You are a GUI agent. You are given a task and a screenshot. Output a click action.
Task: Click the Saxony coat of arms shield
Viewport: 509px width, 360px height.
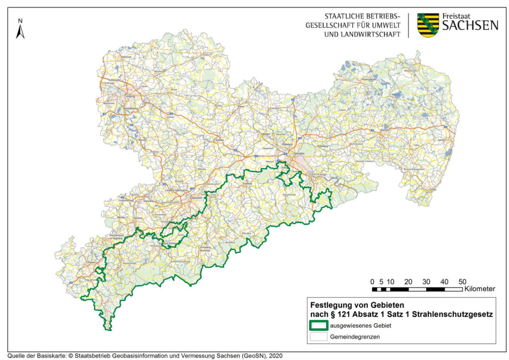pyautogui.click(x=428, y=25)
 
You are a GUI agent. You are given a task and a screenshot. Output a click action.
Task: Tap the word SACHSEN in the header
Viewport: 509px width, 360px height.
pyautogui.click(x=470, y=25)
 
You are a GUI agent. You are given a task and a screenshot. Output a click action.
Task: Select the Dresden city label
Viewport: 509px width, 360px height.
pyautogui.click(x=299, y=155)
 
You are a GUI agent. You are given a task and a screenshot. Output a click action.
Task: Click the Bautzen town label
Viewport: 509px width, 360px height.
pyautogui.click(x=384, y=129)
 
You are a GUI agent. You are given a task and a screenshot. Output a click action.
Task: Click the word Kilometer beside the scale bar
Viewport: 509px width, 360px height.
pyautogui.click(x=480, y=288)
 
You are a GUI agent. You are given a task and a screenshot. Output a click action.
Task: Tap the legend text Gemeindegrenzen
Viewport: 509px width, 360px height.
pyautogui.click(x=353, y=337)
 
